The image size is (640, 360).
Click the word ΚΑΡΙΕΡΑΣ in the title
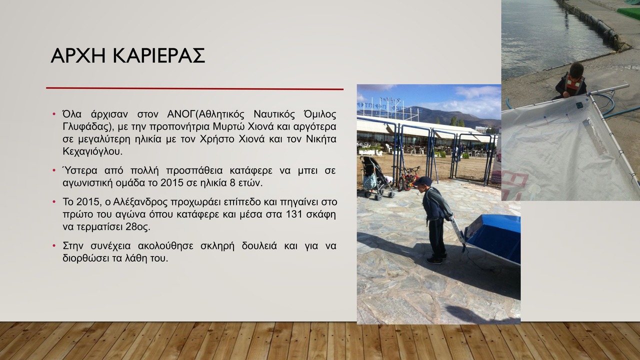(159, 55)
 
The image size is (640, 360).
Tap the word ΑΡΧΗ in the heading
(78, 55)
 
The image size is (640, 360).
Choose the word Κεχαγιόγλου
(92, 151)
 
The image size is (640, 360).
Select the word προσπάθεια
(194, 171)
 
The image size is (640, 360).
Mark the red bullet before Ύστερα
(54, 170)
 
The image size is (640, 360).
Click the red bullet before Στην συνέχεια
(54, 246)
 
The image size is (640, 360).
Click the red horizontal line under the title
(194, 88)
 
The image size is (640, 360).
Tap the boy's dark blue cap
(422, 181)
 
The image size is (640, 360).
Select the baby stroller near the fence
(375, 177)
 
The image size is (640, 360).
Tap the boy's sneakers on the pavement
(435, 259)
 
